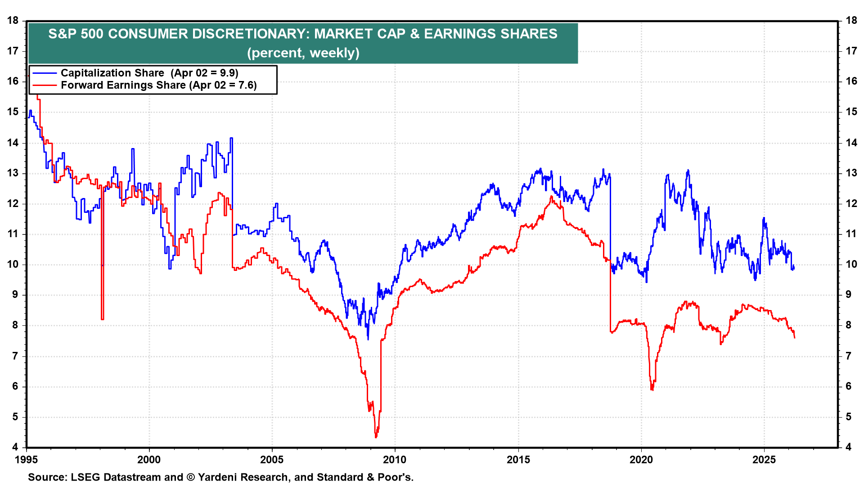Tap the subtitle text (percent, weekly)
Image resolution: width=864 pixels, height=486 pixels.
pyautogui.click(x=303, y=53)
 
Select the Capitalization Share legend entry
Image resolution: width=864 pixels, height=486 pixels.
pyautogui.click(x=149, y=73)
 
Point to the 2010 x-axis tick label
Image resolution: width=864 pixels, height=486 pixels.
pyautogui.click(x=395, y=459)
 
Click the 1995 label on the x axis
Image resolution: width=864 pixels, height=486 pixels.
pyautogui.click(x=27, y=459)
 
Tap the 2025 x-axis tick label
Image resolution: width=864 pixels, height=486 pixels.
pyautogui.click(x=764, y=459)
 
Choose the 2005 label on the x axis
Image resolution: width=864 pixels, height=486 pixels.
pyautogui.click(x=272, y=459)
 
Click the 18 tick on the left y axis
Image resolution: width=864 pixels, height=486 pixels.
pyautogui.click(x=13, y=20)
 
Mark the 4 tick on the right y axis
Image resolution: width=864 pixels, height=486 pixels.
pyautogui.click(x=848, y=447)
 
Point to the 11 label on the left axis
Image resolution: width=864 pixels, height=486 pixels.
pyautogui.click(x=13, y=234)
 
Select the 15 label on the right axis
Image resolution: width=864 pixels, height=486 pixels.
pyautogui.click(x=851, y=112)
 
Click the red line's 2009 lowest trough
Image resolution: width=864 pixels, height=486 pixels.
pyautogui.click(x=376, y=436)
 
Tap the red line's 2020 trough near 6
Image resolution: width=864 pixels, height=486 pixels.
pyautogui.click(x=652, y=389)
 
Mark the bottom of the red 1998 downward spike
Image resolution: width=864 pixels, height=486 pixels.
pyautogui.click(x=103, y=319)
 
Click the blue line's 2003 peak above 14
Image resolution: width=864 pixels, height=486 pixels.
pyautogui.click(x=231, y=138)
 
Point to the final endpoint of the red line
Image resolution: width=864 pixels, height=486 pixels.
pyautogui.click(x=795, y=337)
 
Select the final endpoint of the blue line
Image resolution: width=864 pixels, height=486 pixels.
pyautogui.click(x=794, y=267)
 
